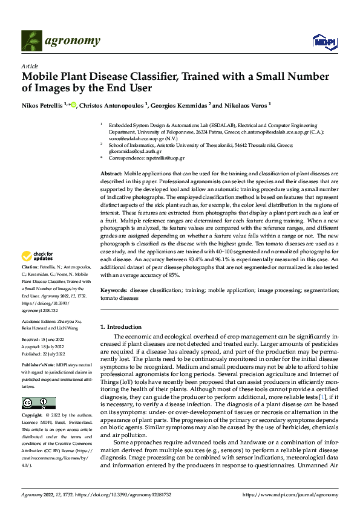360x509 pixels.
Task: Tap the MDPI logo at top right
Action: point(324,41)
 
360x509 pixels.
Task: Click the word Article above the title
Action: point(30,66)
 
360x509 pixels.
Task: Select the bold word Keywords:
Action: point(113,291)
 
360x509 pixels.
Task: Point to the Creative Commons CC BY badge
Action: point(39,403)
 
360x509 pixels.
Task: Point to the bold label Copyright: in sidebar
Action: point(32,416)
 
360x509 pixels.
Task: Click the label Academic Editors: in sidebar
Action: point(39,320)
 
